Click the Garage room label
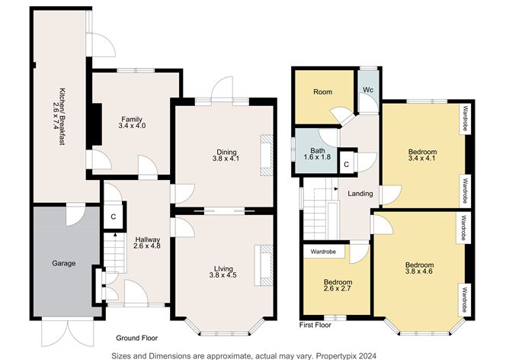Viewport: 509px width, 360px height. pos(64,263)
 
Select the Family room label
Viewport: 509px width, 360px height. pos(132,119)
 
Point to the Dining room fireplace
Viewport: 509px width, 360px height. pos(266,156)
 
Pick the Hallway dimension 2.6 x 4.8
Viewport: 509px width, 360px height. pos(147,246)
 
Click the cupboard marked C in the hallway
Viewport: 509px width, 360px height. pos(114,217)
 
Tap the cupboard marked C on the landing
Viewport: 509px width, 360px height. pos(347,165)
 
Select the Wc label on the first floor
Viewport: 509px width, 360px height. pos(368,90)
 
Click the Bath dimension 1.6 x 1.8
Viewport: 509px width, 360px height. pos(317,157)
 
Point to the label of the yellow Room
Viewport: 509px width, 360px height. pos(322,92)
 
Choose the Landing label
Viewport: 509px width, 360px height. pos(360,194)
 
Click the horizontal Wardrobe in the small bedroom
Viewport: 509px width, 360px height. pos(323,252)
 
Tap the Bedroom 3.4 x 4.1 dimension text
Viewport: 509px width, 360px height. pos(422,158)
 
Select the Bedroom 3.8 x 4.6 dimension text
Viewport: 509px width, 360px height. pos(419,272)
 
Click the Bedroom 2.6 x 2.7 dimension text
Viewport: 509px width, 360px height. pos(338,288)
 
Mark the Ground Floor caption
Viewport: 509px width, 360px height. pos(137,338)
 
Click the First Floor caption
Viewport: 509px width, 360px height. pos(315,325)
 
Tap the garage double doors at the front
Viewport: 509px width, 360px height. pos(68,333)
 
